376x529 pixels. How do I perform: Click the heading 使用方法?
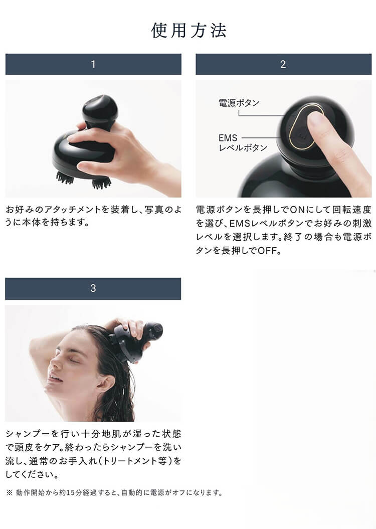[189, 31]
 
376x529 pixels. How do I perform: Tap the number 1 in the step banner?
[93, 64]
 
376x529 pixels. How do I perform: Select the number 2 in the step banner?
[283, 64]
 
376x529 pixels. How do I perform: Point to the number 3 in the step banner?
[93, 288]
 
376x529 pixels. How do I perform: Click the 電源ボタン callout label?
[239, 103]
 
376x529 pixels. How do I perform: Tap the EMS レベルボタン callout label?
[243, 143]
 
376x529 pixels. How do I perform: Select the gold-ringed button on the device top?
[306, 125]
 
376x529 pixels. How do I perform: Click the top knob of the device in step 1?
[100, 107]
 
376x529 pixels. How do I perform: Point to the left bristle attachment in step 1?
[65, 178]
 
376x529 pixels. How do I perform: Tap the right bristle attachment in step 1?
[101, 183]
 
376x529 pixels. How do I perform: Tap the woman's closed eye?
[74, 361]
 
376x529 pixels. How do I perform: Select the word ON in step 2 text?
[297, 210]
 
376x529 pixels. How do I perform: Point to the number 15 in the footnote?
[71, 492]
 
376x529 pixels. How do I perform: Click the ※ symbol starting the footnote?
[9, 492]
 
